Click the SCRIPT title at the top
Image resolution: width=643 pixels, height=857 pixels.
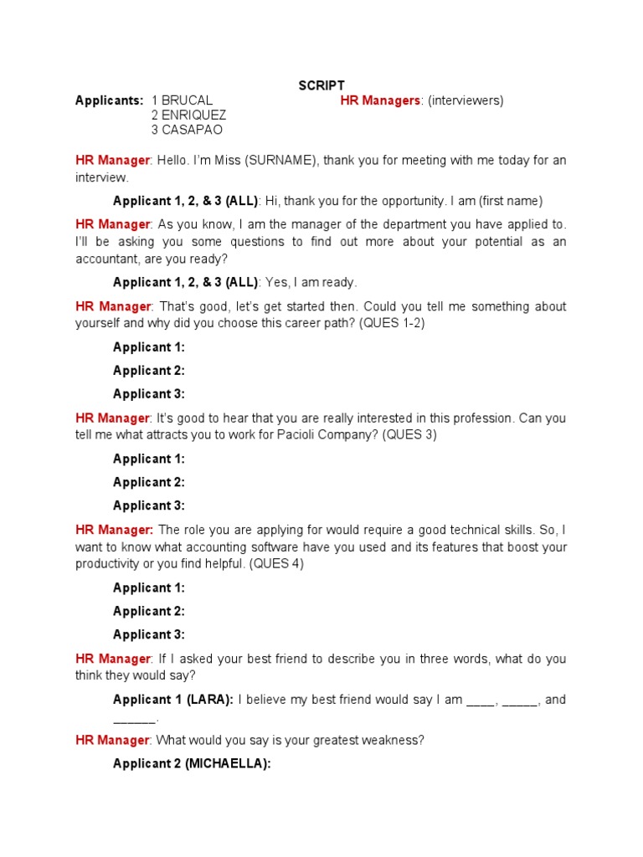click(321, 86)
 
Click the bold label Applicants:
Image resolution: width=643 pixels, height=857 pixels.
click(109, 100)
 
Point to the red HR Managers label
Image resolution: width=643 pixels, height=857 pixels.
click(380, 100)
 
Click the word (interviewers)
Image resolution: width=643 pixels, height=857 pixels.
click(466, 100)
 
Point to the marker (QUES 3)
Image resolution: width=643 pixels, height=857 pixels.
click(409, 435)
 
